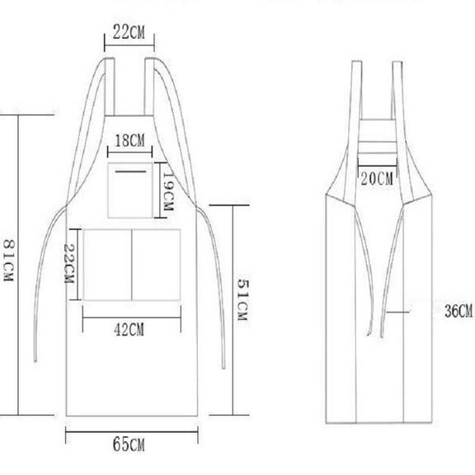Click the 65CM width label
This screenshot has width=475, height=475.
(129, 444)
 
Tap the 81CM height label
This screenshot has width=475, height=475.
(8, 261)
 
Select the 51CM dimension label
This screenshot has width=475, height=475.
(243, 299)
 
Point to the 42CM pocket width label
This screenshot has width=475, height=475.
(129, 329)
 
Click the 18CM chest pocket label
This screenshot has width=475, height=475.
(130, 140)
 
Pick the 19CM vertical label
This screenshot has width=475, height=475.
(168, 191)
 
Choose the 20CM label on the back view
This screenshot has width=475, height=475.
(377, 178)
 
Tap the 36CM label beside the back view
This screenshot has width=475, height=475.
(459, 311)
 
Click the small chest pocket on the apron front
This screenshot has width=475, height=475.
(130, 190)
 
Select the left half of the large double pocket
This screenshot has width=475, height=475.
(107, 265)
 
